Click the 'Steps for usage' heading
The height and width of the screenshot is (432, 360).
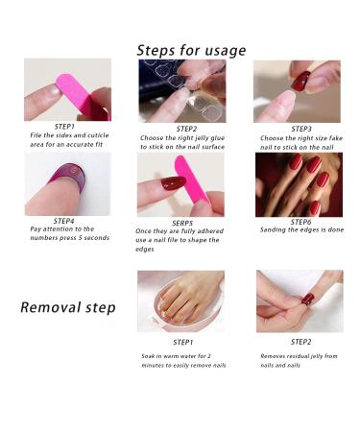click(x=191, y=51)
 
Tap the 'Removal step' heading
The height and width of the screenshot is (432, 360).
click(x=68, y=307)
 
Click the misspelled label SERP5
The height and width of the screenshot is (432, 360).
click(x=182, y=223)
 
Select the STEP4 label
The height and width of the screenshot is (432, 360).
click(x=64, y=221)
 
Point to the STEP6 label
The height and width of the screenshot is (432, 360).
click(x=300, y=222)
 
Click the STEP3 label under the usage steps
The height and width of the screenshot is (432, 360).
click(x=301, y=129)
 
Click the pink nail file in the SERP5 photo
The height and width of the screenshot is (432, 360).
click(x=191, y=180)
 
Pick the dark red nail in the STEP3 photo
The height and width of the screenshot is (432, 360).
click(x=300, y=81)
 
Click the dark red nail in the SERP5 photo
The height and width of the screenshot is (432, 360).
click(x=173, y=183)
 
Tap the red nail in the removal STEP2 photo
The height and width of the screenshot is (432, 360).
click(x=308, y=299)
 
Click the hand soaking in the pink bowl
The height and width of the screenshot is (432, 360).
click(x=189, y=300)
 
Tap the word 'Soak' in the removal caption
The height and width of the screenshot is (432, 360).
click(x=148, y=356)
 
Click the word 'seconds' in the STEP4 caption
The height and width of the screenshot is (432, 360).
click(x=97, y=238)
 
